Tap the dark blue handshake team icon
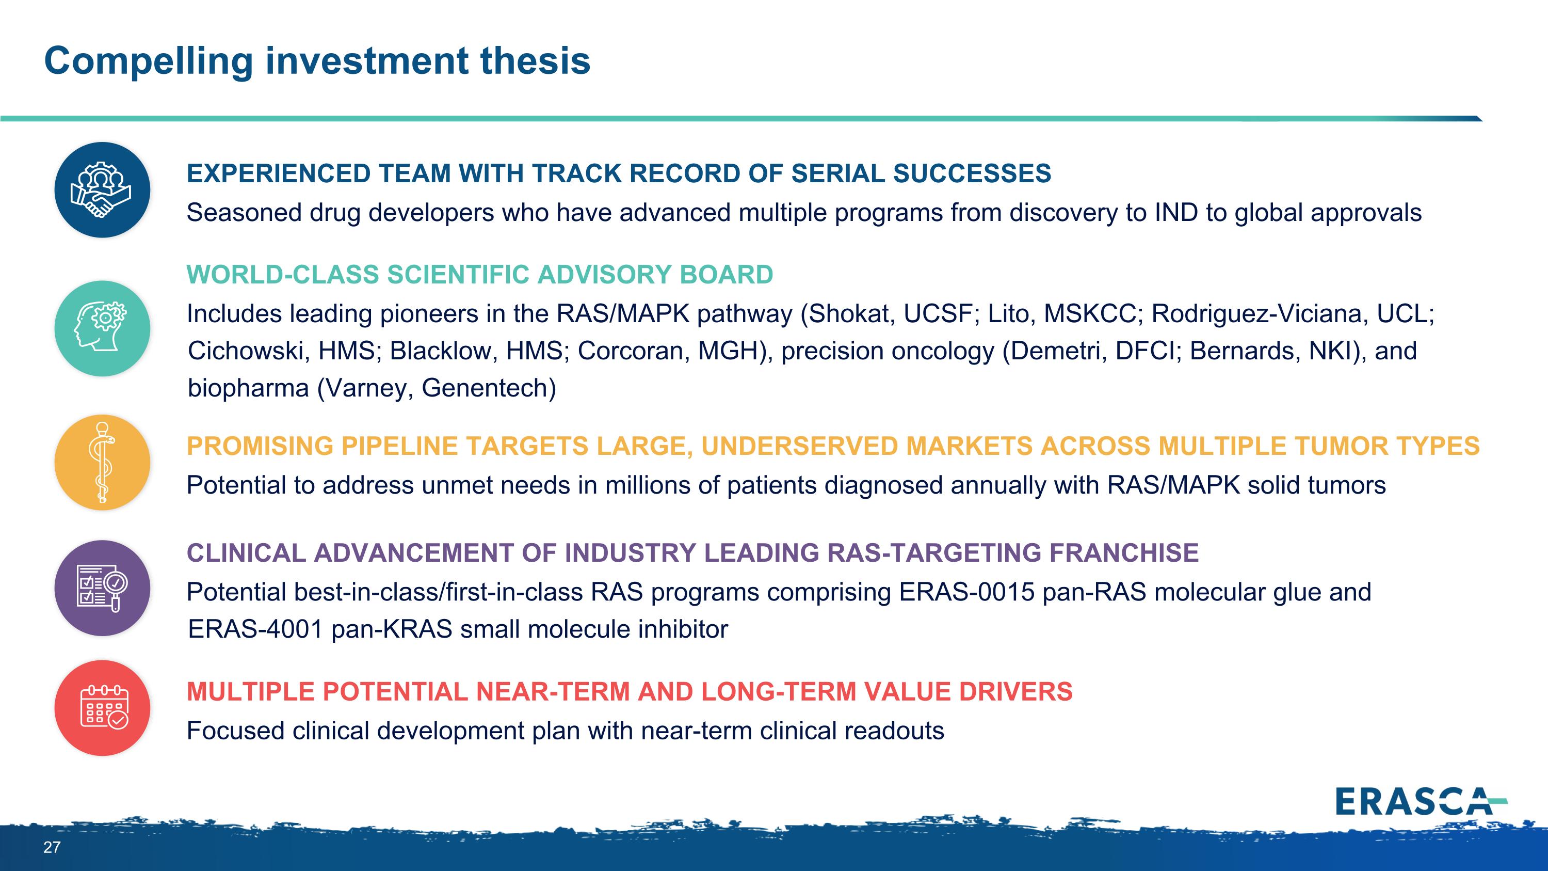(102, 190)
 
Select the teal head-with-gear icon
(102, 328)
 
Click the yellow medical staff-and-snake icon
(102, 462)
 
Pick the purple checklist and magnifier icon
(102, 588)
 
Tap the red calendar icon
(102, 707)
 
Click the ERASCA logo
(1421, 802)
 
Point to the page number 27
(52, 848)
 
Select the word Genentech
(488, 388)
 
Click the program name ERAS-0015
(966, 592)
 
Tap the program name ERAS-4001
(255, 629)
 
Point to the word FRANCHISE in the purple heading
(1124, 553)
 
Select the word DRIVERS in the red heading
(1015, 692)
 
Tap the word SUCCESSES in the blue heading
(972, 173)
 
